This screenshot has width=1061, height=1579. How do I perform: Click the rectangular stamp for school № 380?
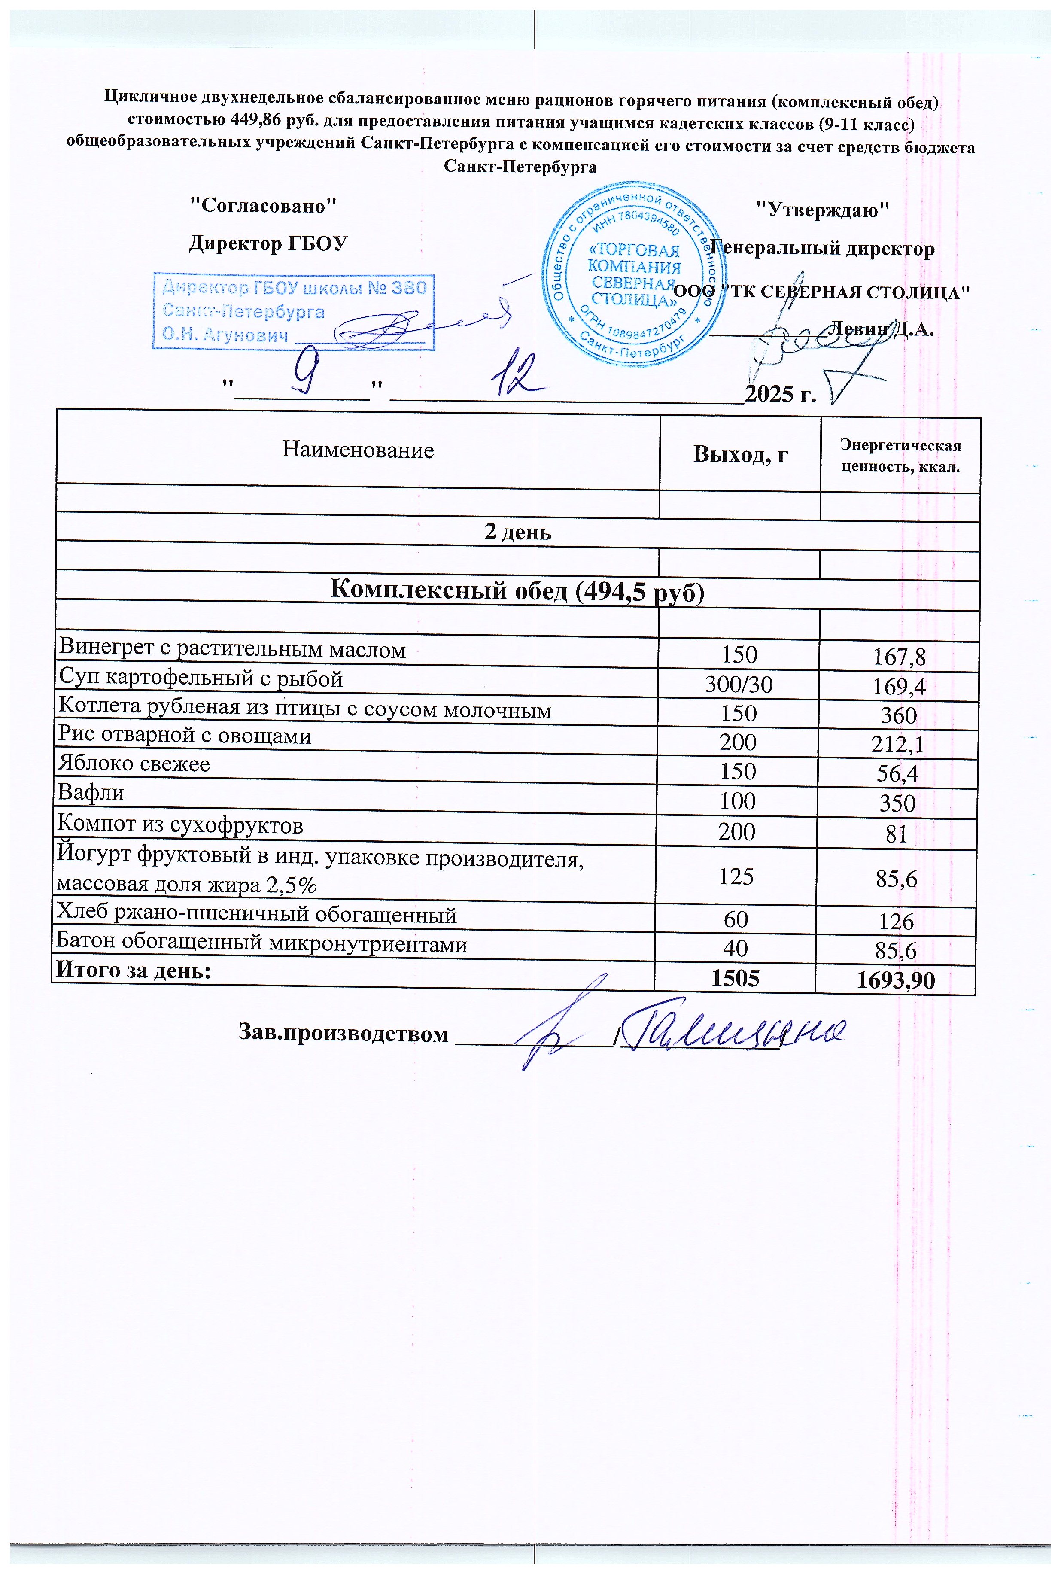pyautogui.click(x=293, y=311)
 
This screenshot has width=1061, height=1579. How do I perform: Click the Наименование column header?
pyautogui.click(x=357, y=450)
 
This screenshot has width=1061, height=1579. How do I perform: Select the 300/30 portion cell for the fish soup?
pyautogui.click(x=738, y=685)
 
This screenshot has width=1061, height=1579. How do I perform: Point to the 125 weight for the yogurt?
pyautogui.click(x=736, y=877)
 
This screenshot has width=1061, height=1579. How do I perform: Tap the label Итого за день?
pyautogui.click(x=133, y=971)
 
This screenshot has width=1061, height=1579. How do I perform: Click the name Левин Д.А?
pyautogui.click(x=882, y=329)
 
